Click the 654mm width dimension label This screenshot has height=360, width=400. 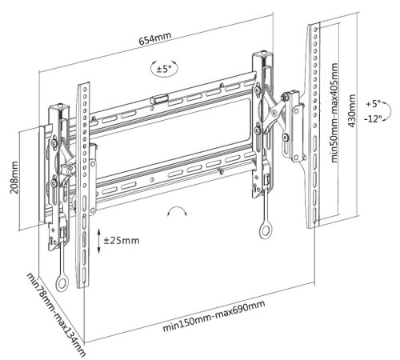pyautogui.click(x=154, y=38)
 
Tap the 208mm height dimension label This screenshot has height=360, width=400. pyautogui.click(x=14, y=177)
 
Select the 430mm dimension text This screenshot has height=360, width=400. pyautogui.click(x=352, y=110)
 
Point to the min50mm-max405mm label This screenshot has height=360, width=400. pyautogui.click(x=334, y=113)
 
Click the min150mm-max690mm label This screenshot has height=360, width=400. pyautogui.click(x=214, y=316)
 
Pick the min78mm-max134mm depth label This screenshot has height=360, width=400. pyautogui.click(x=56, y=314)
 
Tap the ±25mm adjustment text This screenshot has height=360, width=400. pyautogui.click(x=122, y=241)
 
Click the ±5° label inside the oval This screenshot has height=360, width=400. pyautogui.click(x=164, y=69)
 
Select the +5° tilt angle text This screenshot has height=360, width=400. pyautogui.click(x=373, y=103)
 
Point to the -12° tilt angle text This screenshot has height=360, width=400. pyautogui.click(x=373, y=118)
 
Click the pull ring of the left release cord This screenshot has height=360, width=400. pyautogui.click(x=62, y=283)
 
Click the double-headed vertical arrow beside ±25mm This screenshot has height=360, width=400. pyautogui.click(x=98, y=241)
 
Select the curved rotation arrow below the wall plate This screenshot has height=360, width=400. pyautogui.click(x=177, y=209)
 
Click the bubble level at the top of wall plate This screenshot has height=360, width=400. pyautogui.click(x=159, y=99)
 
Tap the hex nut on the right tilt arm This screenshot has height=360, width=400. pyautogui.click(x=286, y=96)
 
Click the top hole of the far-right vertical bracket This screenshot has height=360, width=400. pyautogui.click(x=315, y=29)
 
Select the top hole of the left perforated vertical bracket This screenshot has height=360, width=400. pyautogui.click(x=84, y=89)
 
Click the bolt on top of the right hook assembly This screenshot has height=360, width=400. pyautogui.click(x=264, y=54)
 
